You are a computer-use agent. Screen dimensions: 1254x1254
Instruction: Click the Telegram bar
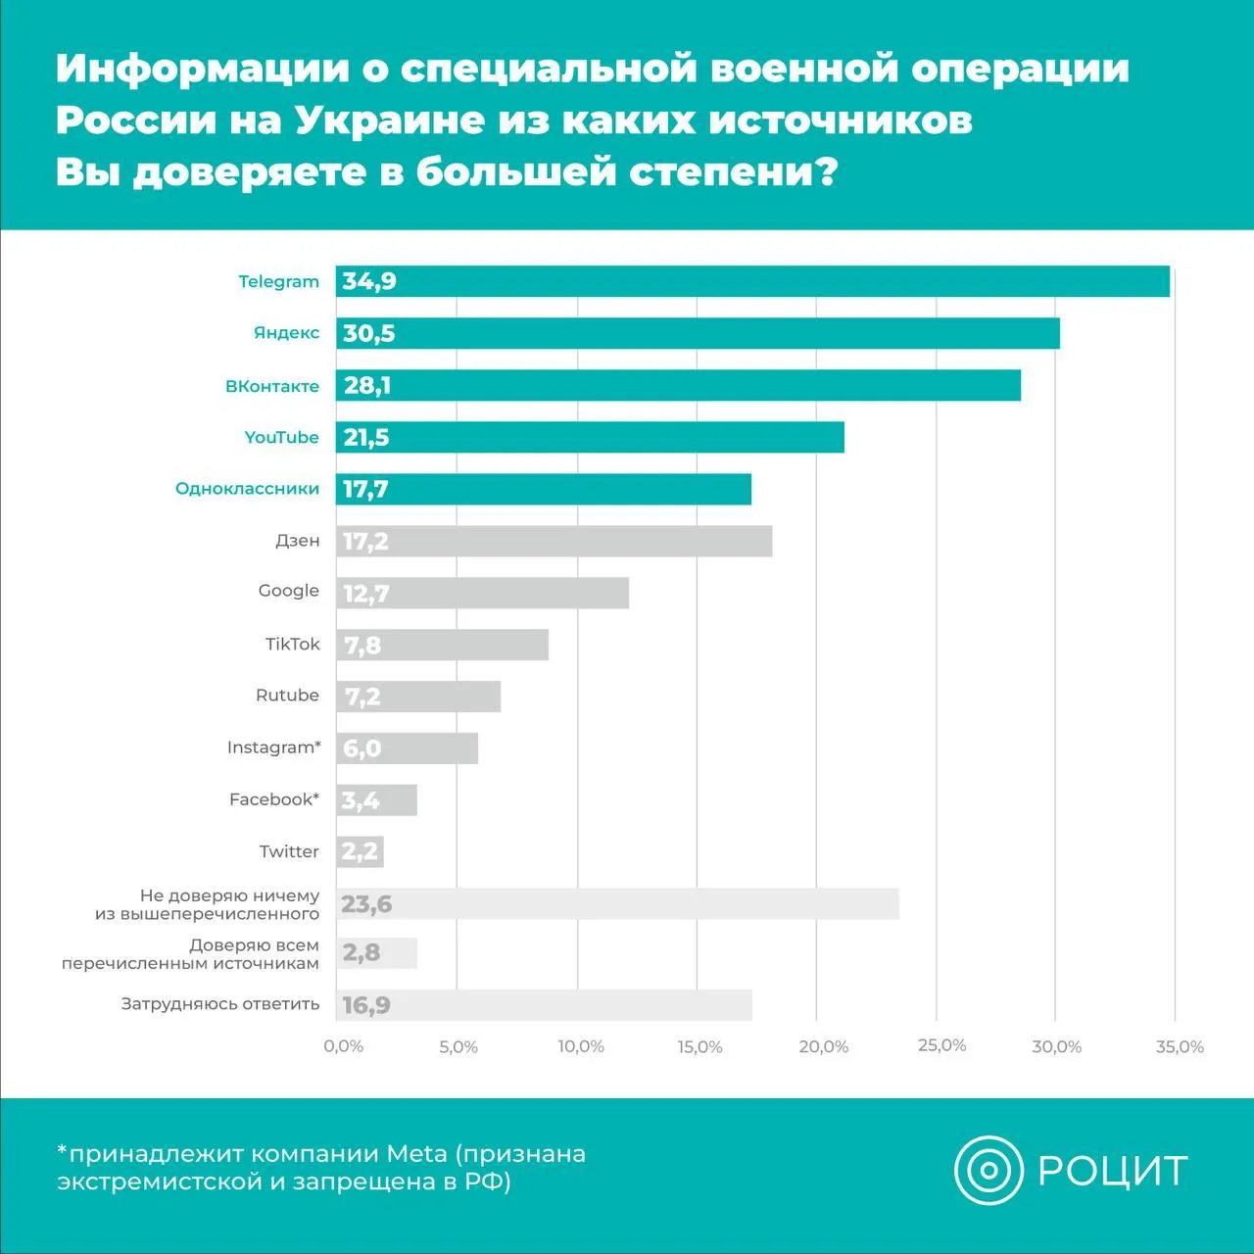point(752,281)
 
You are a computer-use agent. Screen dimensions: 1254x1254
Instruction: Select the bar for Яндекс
point(698,333)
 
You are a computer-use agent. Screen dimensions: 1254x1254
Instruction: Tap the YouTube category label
point(281,437)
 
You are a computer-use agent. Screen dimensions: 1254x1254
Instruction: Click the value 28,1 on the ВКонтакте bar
point(367,385)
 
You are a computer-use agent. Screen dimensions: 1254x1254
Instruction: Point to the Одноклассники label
point(247,489)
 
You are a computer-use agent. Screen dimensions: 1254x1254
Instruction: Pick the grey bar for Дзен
point(554,541)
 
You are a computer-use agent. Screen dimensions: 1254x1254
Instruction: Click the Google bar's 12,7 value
point(366,594)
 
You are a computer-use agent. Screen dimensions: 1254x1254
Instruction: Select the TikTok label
point(292,644)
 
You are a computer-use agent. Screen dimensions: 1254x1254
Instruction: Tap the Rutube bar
point(418,697)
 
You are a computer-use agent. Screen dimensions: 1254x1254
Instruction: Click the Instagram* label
point(273,748)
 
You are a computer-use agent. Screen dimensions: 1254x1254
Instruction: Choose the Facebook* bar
point(376,800)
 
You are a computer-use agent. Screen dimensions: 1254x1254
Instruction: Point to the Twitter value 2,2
point(360,852)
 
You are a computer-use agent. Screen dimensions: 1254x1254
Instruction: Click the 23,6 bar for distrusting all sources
point(617,903)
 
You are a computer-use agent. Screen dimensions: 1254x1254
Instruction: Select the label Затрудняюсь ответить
point(220,1004)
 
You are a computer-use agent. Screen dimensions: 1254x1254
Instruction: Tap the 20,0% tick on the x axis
point(823,1046)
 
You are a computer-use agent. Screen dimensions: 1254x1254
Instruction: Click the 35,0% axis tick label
point(1179,1046)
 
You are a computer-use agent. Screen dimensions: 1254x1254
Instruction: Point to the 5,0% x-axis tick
point(458,1046)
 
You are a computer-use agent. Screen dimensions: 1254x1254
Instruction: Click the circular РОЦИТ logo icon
point(988,1170)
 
